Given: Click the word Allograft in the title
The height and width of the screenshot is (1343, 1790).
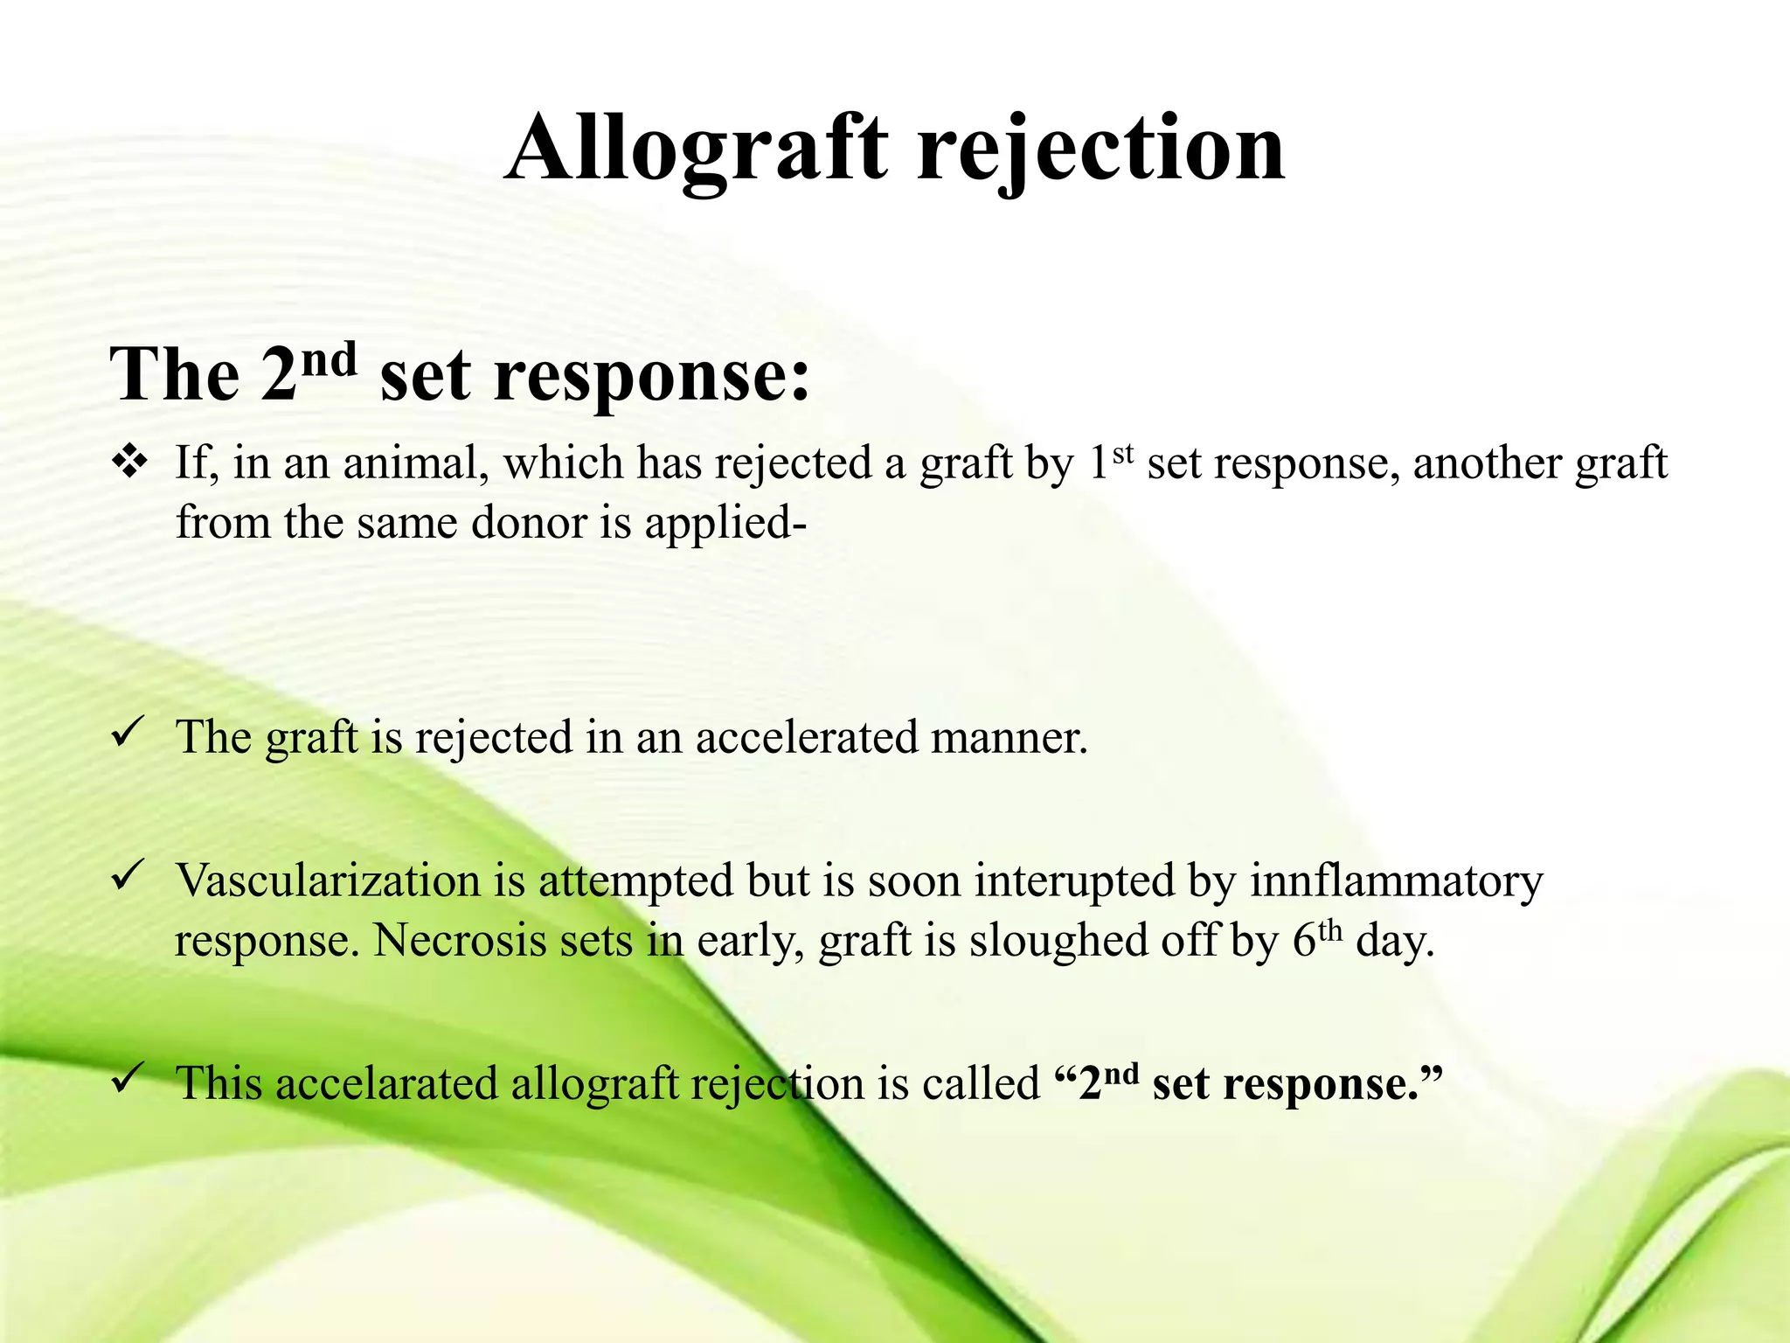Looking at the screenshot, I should point(697,149).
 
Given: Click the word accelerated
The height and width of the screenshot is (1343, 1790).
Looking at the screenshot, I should point(806,737).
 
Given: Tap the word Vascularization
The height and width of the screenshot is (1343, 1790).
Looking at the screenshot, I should point(328,880).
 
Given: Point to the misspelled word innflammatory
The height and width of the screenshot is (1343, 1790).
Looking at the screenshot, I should point(1396,881).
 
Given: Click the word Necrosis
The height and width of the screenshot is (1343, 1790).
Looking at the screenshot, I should point(460,941).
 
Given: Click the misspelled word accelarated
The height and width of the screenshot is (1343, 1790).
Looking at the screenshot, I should point(387,1083).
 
